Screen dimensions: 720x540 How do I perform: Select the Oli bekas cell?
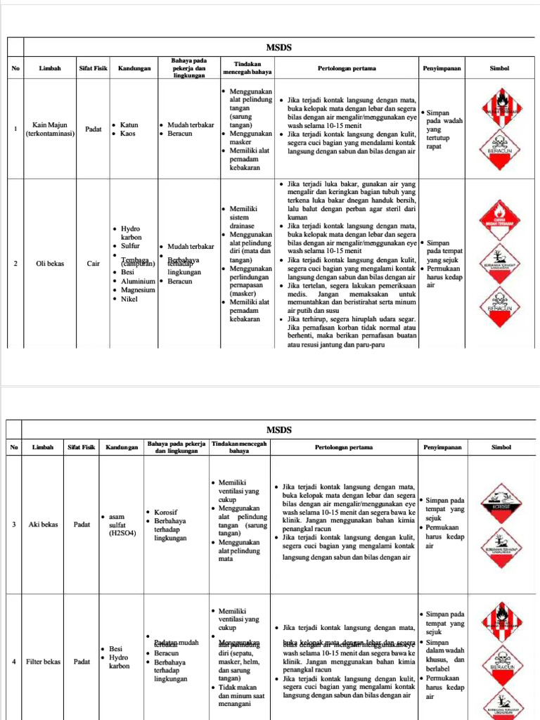click(x=49, y=264)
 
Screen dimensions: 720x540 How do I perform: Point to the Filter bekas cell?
click(x=44, y=662)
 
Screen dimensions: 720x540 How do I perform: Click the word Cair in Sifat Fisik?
click(x=93, y=264)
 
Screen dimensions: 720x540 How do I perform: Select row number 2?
click(x=15, y=264)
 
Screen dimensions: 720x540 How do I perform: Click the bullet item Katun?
click(x=129, y=125)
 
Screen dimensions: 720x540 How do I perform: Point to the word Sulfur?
click(x=130, y=246)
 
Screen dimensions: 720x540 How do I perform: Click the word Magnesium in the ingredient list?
click(x=138, y=290)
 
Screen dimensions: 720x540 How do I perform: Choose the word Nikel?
click(x=129, y=299)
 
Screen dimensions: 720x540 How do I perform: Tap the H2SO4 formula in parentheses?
click(x=124, y=533)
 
